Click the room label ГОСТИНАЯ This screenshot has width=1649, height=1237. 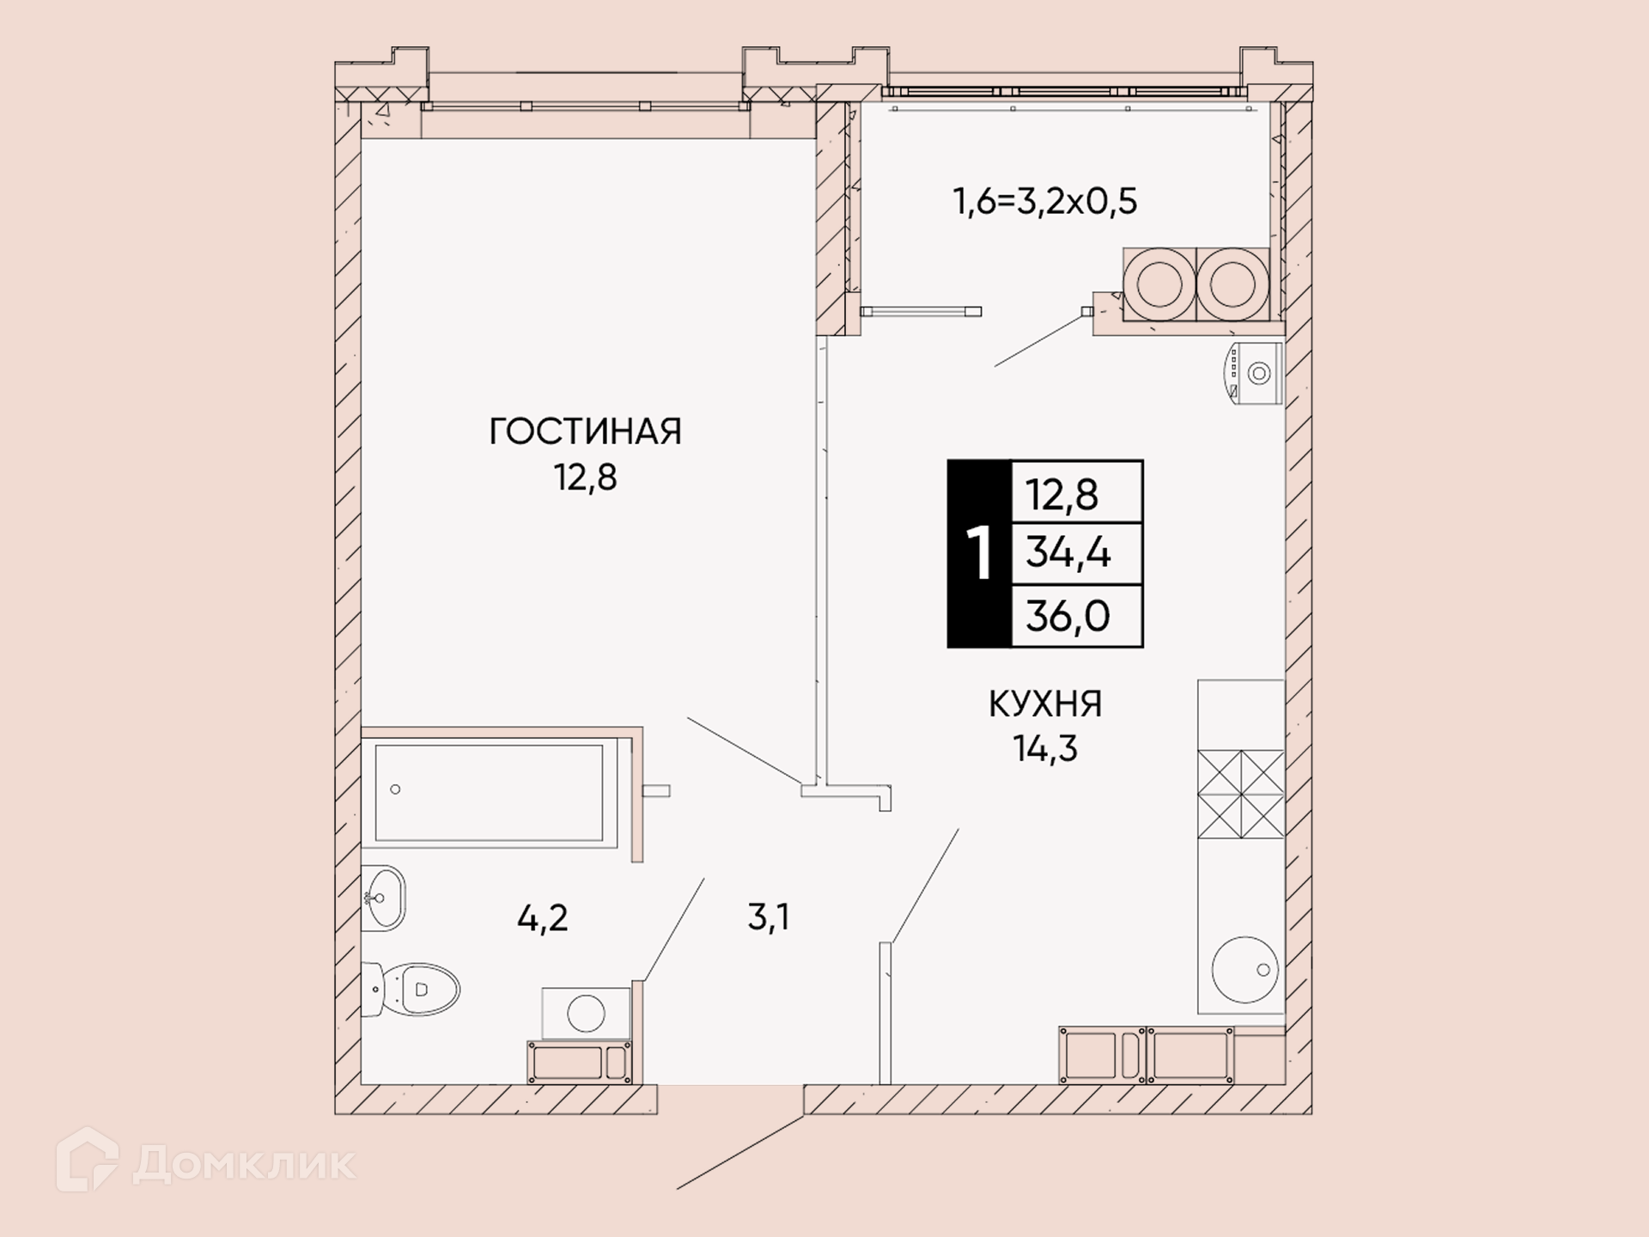(585, 431)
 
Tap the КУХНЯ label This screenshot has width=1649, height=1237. (1045, 704)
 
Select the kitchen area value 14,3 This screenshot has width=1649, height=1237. (1045, 749)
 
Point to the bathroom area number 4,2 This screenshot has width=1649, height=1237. (543, 919)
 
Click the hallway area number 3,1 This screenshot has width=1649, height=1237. (768, 917)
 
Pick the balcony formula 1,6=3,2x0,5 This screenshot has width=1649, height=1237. (1045, 201)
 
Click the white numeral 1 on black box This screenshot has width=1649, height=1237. (980, 554)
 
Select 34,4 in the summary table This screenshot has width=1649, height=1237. (1068, 553)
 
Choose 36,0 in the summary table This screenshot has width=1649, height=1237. (1068, 616)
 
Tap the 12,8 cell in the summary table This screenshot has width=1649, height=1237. (1062, 495)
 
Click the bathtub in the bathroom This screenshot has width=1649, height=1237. (490, 793)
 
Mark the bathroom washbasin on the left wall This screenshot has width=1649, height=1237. (383, 898)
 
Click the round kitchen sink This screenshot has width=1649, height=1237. (1244, 970)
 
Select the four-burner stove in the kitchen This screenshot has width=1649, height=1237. (1241, 794)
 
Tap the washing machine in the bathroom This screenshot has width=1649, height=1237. (586, 1012)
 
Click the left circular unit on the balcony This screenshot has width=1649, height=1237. (1159, 283)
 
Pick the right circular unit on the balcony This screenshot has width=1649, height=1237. (1232, 283)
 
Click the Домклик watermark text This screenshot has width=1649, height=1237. (244, 1164)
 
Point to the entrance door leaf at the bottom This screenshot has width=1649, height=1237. (740, 1152)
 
